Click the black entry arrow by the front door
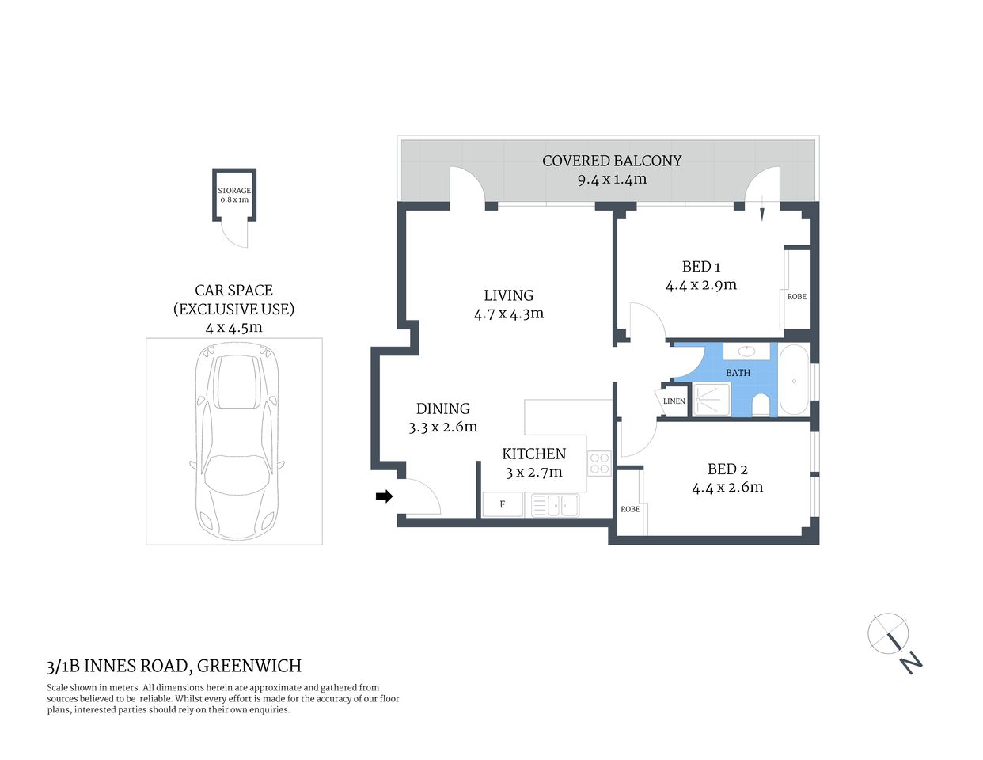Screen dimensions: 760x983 (384, 496)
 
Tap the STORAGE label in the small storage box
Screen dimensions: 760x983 (234, 191)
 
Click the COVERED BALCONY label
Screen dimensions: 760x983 (611, 161)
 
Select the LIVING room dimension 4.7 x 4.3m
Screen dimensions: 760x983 (508, 313)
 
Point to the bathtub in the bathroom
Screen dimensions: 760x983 (793, 381)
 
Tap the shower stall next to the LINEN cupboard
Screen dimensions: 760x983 (711, 400)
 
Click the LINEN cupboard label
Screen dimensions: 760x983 (674, 401)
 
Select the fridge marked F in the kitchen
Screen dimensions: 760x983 (503, 504)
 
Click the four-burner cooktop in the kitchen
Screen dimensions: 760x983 (599, 462)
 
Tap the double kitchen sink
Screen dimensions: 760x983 (555, 504)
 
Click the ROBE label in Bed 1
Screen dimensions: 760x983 (796, 297)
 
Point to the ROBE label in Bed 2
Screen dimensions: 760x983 (630, 509)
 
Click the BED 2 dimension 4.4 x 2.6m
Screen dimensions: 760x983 (727, 488)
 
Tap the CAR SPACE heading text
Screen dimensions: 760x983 (233, 291)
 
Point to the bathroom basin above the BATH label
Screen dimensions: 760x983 (746, 351)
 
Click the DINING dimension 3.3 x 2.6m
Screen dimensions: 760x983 (442, 427)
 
